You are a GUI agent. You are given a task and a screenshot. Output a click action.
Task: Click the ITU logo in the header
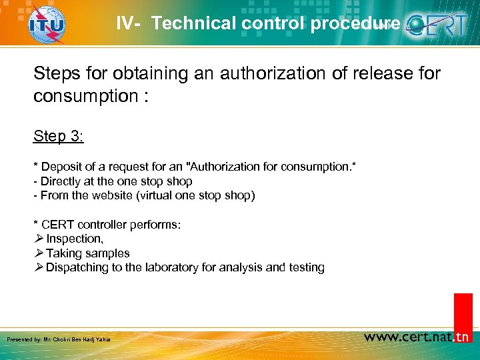tap(47, 24)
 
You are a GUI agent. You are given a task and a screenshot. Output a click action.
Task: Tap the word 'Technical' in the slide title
tap(193, 23)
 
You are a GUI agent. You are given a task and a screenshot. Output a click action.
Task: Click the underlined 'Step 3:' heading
tap(58, 136)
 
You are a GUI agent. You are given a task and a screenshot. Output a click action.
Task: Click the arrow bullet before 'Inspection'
tap(39, 239)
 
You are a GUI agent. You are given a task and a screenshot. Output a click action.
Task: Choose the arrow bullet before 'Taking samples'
tap(39, 253)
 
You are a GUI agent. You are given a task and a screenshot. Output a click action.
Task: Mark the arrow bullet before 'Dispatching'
tap(39, 268)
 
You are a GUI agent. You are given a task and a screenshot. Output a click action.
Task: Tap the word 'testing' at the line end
tap(307, 268)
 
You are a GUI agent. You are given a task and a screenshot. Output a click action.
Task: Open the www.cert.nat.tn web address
tap(417, 337)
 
